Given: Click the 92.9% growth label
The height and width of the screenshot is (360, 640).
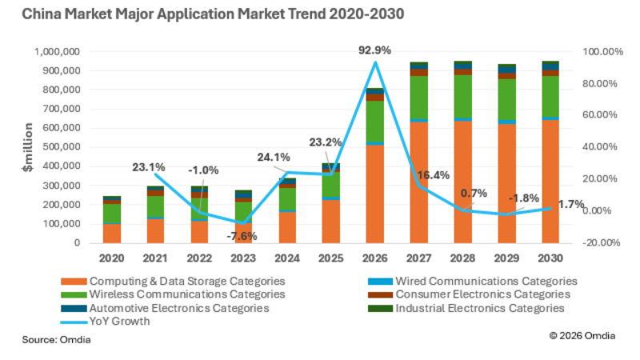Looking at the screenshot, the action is tap(374, 50).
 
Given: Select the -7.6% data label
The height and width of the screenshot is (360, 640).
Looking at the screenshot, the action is tap(242, 236).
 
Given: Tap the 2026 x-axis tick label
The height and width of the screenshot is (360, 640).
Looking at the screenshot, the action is tap(374, 258).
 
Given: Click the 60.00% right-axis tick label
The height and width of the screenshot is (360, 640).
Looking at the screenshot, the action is tap(599, 114).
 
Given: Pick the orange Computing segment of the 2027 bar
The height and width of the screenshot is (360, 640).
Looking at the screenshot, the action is tap(418, 182).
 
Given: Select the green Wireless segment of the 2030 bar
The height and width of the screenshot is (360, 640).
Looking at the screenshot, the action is tap(550, 96).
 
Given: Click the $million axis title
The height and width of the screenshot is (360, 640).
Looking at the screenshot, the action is tap(28, 147).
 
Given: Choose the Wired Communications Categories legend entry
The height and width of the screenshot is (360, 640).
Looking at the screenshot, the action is tap(473, 282).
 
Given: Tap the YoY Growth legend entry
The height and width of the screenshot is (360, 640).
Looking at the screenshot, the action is tap(106, 322).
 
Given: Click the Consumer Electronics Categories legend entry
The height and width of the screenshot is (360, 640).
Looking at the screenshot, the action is tap(470, 294).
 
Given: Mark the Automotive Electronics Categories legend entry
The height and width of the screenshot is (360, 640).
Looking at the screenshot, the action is tap(165, 308).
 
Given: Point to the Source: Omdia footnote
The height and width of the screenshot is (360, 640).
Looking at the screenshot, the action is tap(56, 339).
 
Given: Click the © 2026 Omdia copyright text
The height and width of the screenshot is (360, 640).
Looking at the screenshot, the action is tap(582, 335).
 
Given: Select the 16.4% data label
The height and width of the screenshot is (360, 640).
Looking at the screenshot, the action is tap(434, 175).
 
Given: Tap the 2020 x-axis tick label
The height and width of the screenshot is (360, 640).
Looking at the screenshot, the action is tap(111, 258).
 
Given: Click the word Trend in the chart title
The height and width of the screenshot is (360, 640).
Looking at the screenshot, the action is tap(307, 14).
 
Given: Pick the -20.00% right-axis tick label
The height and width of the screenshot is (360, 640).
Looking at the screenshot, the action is tap(602, 243).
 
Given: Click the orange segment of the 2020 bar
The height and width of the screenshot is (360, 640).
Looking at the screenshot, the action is tap(111, 234).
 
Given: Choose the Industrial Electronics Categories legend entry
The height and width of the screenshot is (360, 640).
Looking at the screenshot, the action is tap(466, 308).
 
